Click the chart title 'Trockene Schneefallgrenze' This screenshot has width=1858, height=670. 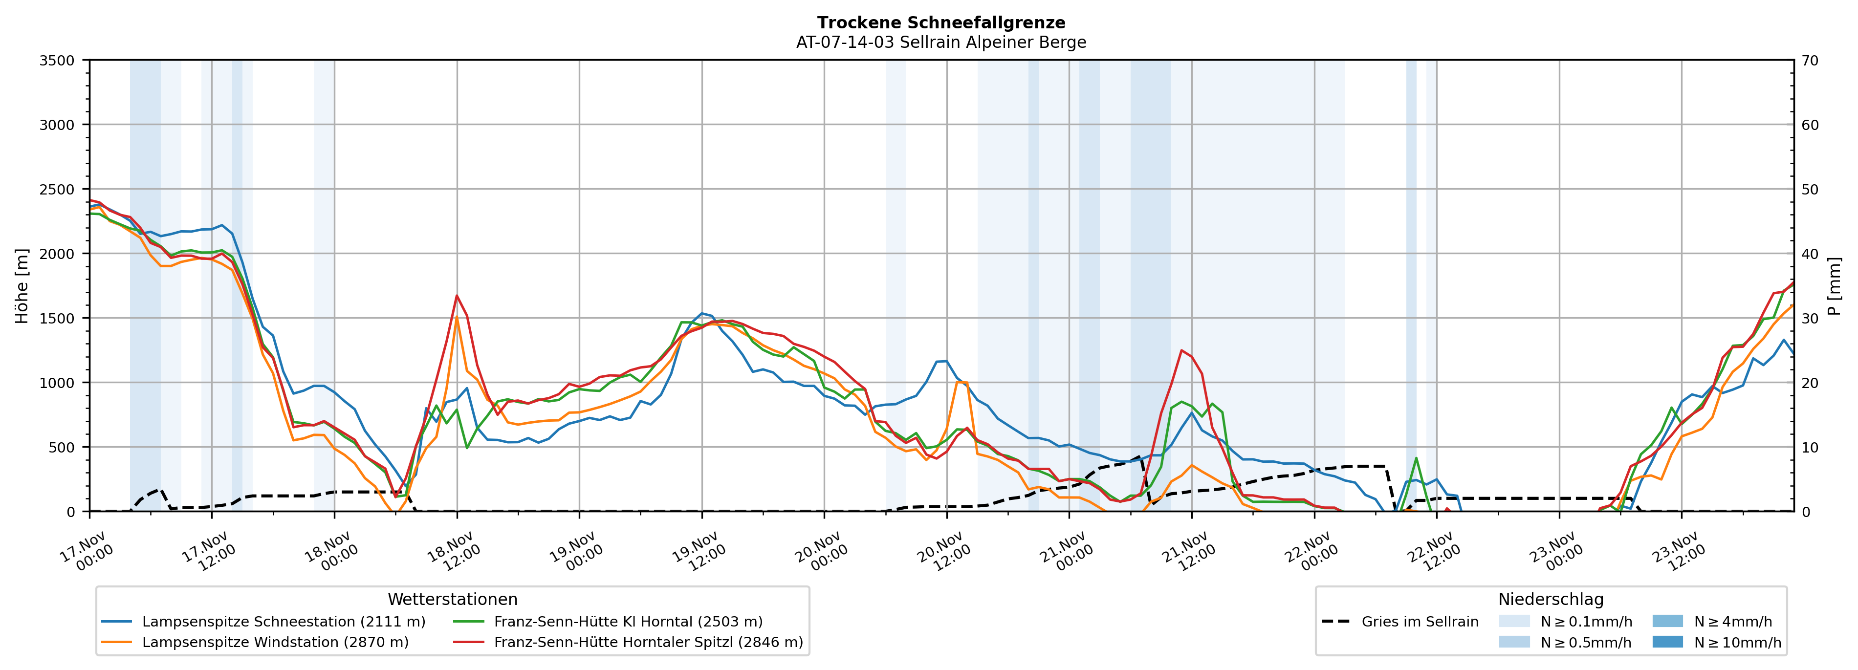940,23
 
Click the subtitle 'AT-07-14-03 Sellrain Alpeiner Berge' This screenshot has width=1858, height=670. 940,43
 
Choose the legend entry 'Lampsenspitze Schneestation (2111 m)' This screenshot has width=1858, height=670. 284,622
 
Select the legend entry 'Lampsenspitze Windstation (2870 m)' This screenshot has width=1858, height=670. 275,642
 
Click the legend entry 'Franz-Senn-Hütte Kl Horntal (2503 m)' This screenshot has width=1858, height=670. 628,622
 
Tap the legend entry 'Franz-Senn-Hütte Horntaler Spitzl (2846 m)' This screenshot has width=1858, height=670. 648,642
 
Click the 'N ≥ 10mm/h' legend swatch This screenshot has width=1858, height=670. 1667,642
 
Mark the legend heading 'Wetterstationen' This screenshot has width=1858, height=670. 452,599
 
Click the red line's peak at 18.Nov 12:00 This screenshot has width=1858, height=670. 457,295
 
